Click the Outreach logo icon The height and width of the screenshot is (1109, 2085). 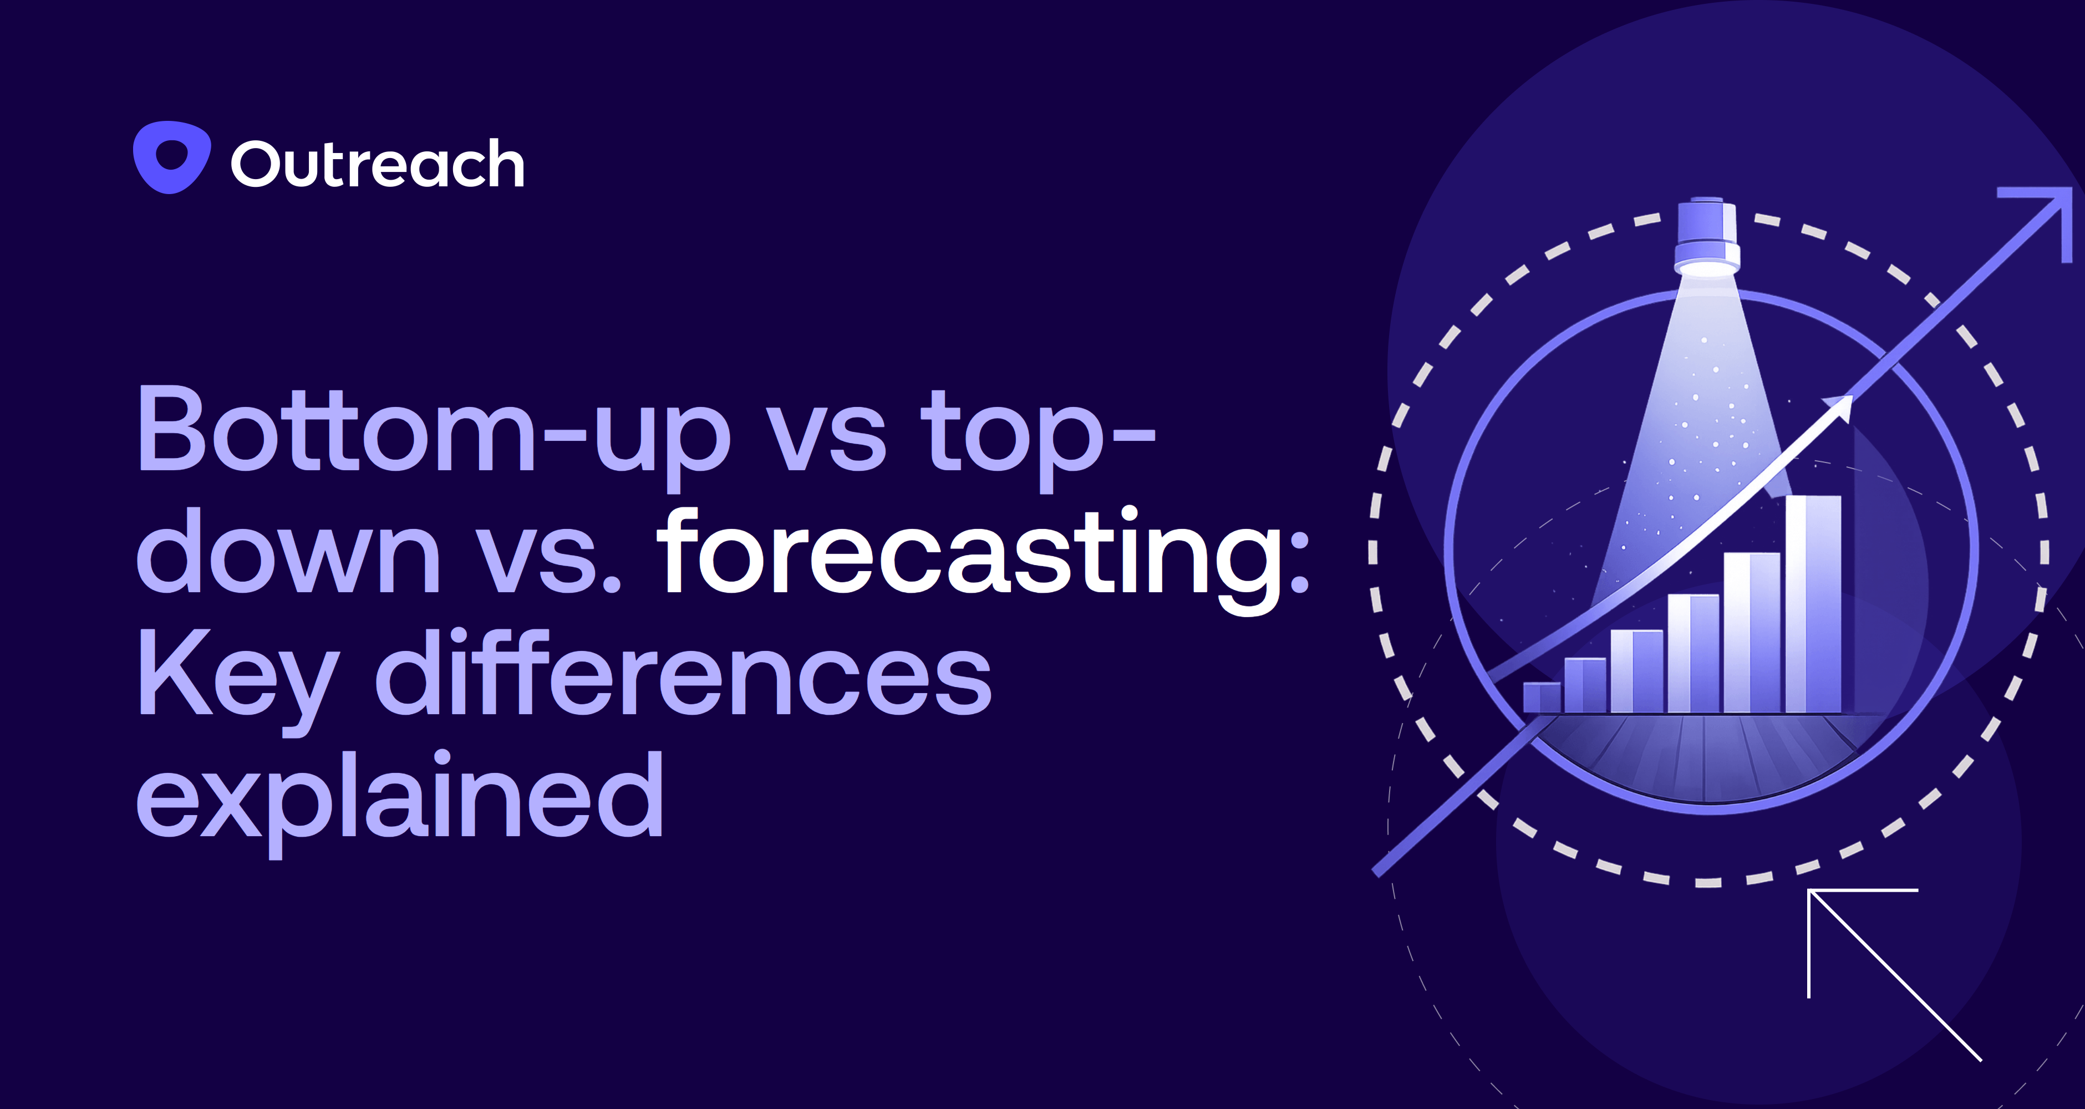pos(171,157)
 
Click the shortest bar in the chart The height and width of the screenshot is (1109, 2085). pos(1541,697)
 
